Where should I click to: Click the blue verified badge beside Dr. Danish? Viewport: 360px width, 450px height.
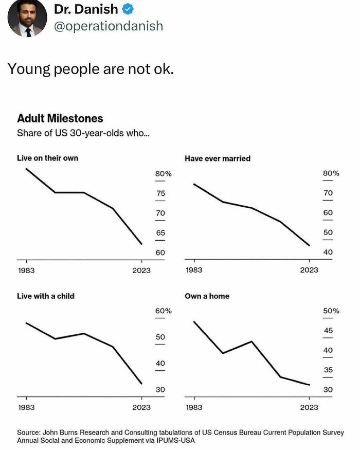point(128,9)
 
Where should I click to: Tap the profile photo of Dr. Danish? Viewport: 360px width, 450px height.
point(27,18)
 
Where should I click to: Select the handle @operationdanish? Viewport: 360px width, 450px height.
point(108,26)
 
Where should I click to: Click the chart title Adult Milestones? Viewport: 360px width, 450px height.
point(60,118)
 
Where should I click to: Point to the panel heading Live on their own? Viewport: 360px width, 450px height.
point(48,158)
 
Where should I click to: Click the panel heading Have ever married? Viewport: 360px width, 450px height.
point(218,158)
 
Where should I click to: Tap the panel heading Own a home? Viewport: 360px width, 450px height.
point(207,296)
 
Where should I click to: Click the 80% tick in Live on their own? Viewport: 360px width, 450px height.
point(163,174)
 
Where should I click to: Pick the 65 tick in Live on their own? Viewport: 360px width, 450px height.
point(160,232)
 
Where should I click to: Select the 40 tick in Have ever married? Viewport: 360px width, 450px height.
point(328,252)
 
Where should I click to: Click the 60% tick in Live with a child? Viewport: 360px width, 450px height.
point(163,311)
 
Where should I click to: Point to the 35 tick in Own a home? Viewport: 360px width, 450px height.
point(328,370)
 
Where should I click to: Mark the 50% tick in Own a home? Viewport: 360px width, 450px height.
point(331,311)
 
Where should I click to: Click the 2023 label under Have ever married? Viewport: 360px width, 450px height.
point(309,270)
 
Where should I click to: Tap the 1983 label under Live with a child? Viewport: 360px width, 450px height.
point(26,407)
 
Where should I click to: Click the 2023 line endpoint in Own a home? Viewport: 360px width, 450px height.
point(309,385)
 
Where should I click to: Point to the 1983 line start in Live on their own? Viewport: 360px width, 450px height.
point(26,168)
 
